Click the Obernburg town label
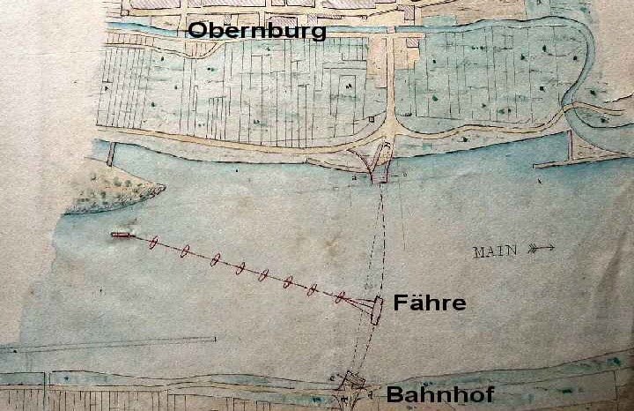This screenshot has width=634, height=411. point(257,31)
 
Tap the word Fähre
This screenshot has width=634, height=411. point(430,303)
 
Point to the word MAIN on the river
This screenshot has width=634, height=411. point(495,251)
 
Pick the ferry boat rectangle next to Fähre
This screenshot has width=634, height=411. point(377,310)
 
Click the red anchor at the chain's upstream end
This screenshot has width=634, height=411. point(122,235)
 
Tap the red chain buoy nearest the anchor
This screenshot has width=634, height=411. point(153,242)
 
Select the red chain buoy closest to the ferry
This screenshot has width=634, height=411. point(339,297)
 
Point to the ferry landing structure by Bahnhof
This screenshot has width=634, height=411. point(352,381)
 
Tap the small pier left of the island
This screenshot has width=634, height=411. point(110,154)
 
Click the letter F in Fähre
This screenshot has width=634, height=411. point(399,303)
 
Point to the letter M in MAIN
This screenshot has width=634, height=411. point(479,251)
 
